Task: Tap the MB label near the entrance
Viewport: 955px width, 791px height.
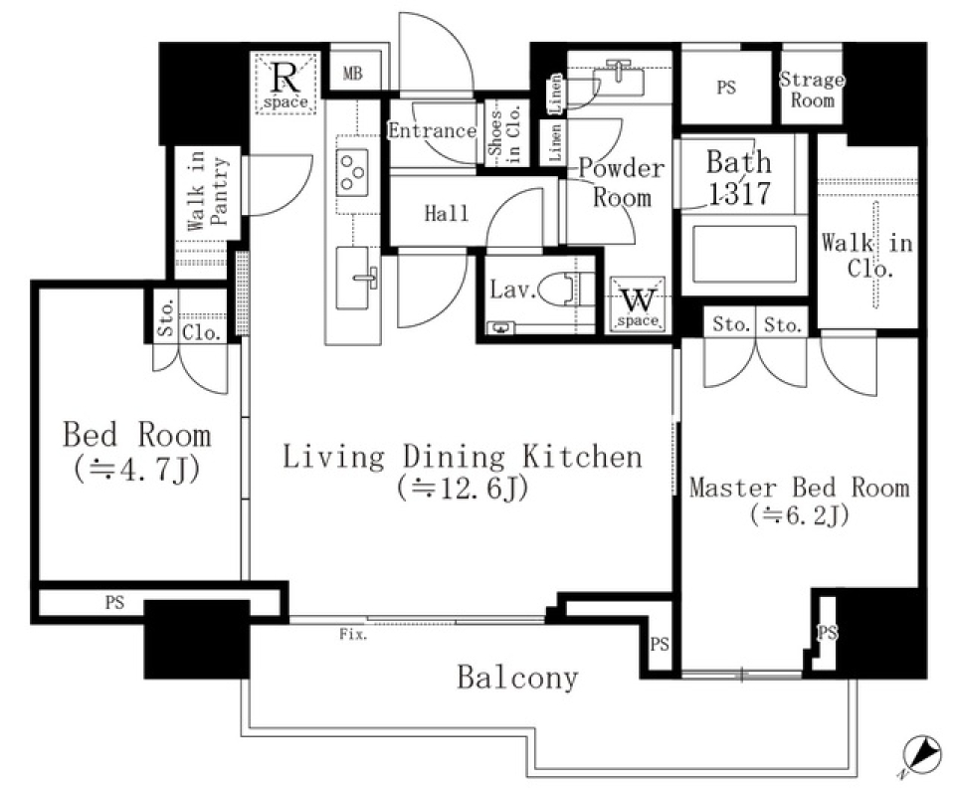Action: pos(353,74)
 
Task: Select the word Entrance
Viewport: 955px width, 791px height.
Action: pos(432,130)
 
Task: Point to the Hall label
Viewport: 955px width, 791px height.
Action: pos(446,213)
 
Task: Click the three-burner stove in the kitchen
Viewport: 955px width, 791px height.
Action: pos(353,170)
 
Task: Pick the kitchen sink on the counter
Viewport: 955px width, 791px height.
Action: pos(357,269)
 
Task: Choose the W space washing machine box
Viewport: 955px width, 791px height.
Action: pos(638,302)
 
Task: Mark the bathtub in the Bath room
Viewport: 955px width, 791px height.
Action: pos(742,255)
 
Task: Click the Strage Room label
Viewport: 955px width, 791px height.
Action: pos(811,90)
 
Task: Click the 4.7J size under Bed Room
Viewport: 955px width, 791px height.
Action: pos(137,469)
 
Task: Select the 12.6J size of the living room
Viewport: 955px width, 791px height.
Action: pos(461,490)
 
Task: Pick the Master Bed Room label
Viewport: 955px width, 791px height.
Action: pos(799,488)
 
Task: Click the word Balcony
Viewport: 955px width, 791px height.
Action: pos(516,678)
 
